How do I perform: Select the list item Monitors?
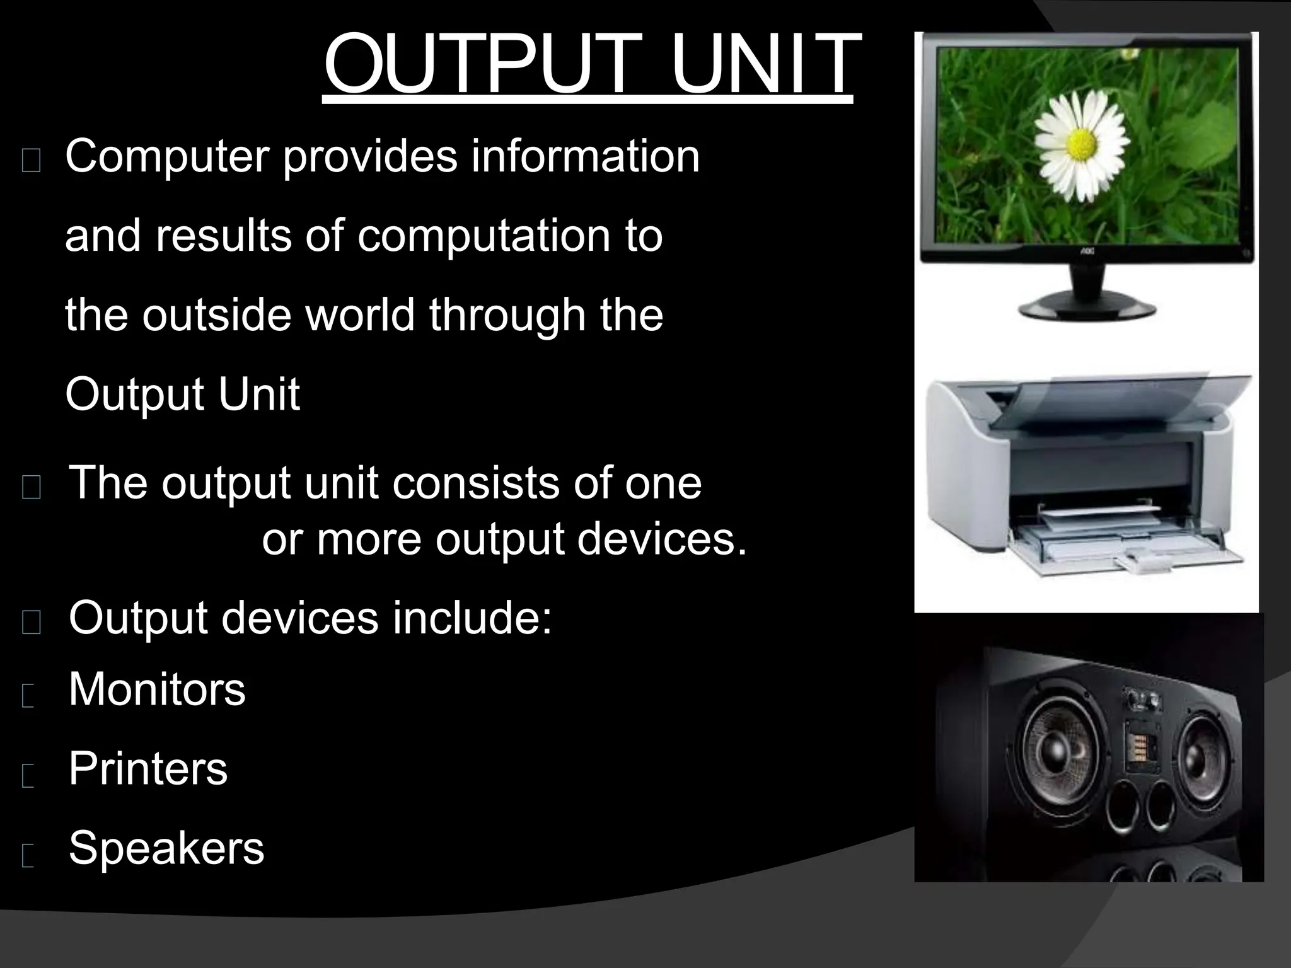tap(157, 689)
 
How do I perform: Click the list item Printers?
tap(148, 768)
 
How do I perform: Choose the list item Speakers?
tap(166, 848)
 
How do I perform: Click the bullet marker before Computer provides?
tap(31, 162)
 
